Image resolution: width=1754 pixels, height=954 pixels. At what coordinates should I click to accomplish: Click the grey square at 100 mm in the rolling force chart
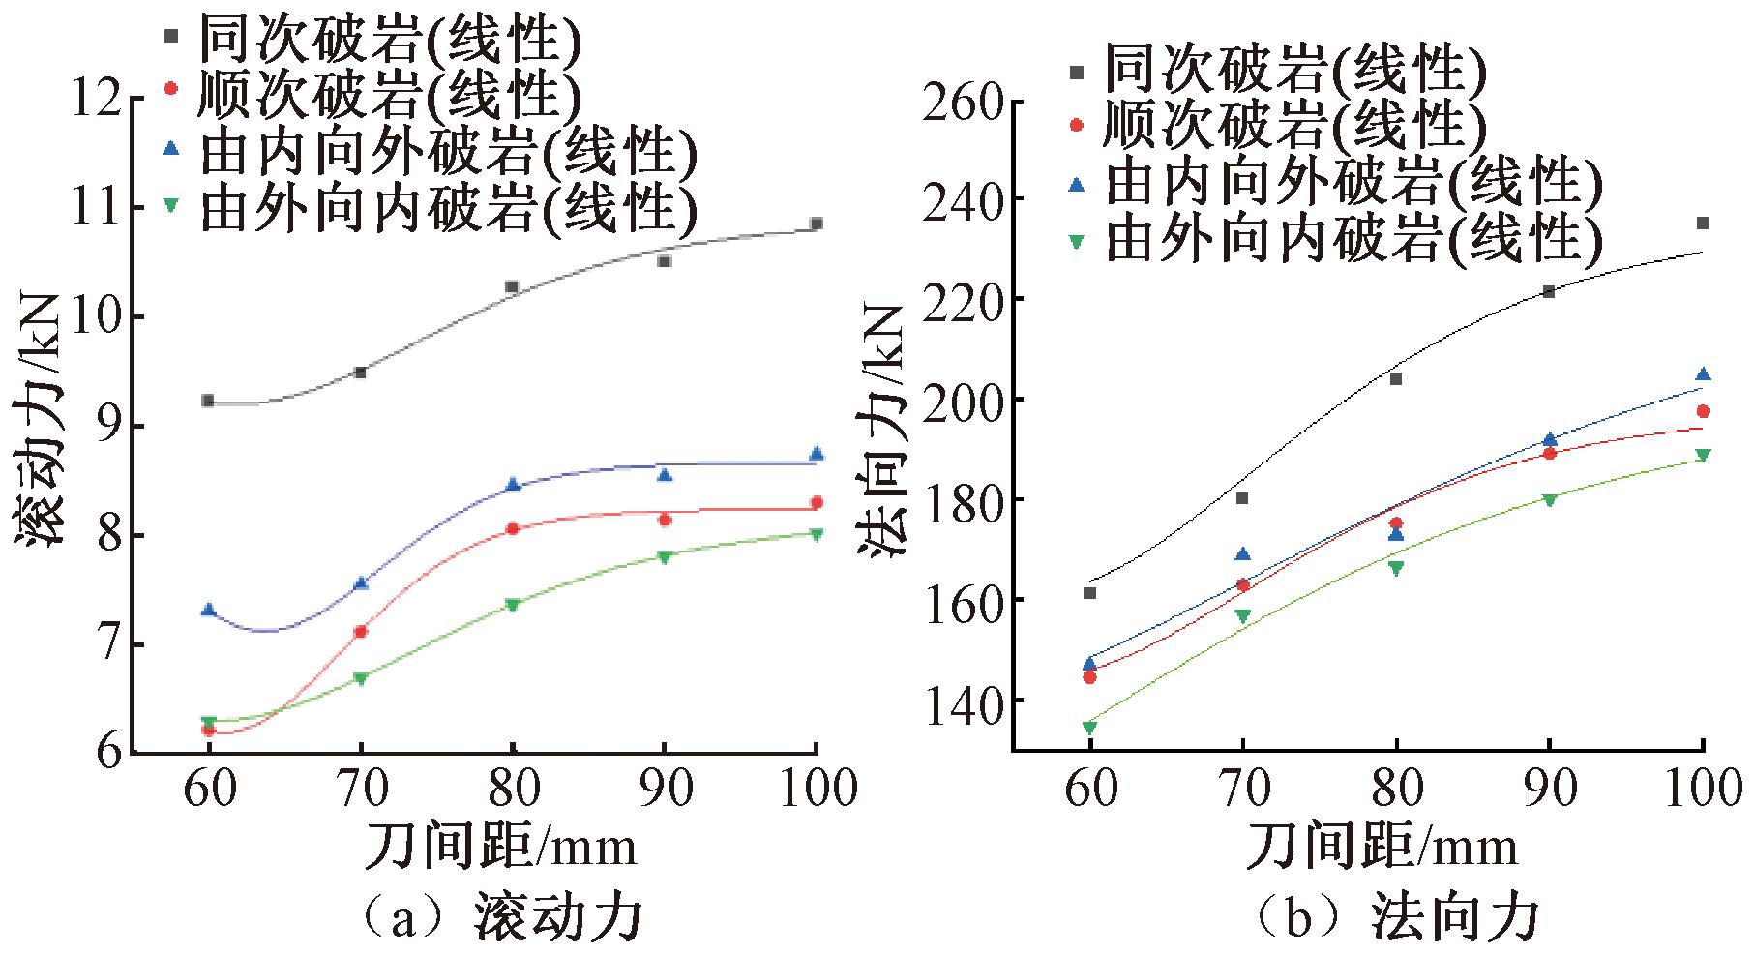[816, 224]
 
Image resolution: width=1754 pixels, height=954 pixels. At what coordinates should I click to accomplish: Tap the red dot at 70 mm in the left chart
[361, 632]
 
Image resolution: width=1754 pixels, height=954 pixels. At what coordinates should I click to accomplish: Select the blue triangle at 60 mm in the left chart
[208, 610]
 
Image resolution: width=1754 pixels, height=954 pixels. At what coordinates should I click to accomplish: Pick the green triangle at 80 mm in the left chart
[513, 605]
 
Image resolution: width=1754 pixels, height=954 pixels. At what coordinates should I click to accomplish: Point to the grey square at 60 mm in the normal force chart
[1089, 592]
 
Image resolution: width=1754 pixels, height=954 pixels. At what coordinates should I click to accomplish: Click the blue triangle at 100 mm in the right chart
[1702, 374]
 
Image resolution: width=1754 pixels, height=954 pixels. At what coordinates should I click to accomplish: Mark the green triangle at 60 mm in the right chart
[1089, 728]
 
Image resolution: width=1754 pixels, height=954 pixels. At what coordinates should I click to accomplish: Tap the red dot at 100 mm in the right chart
[1702, 411]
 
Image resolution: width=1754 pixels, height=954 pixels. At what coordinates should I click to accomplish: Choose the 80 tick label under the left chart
[513, 789]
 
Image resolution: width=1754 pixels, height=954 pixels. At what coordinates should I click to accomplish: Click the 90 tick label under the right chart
[1549, 789]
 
